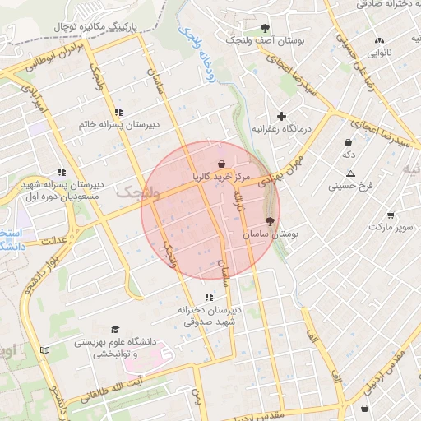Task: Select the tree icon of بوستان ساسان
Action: point(271,221)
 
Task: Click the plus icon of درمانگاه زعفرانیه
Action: point(282,116)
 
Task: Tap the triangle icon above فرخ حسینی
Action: point(350,173)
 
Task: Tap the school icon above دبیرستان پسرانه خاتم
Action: point(120,112)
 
